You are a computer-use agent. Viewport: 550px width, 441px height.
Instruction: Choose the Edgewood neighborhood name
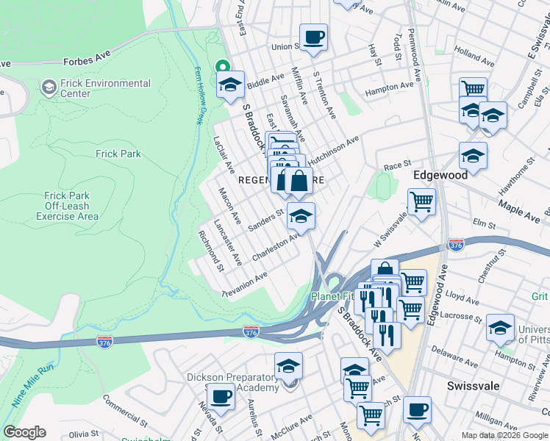[440, 176]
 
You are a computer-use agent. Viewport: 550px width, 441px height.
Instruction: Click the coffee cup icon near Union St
[313, 37]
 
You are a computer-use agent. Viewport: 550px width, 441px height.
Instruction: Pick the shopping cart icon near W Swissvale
[421, 201]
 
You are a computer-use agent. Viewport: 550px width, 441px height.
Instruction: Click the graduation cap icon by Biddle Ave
[230, 85]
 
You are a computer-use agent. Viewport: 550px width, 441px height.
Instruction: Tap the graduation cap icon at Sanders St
[301, 216]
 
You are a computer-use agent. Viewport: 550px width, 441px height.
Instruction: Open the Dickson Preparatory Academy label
[232, 382]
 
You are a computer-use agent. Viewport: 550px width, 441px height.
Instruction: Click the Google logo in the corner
[24, 432]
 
